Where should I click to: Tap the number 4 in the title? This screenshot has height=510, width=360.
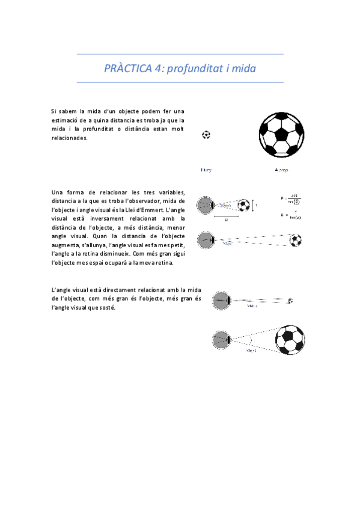pyautogui.click(x=157, y=69)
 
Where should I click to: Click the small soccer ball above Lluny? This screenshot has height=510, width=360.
pyautogui.click(x=206, y=135)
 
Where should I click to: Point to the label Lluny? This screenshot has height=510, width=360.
pyautogui.click(x=206, y=170)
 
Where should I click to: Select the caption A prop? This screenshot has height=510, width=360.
pyautogui.click(x=281, y=170)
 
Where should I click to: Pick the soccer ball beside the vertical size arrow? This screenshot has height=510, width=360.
pyautogui.click(x=243, y=206)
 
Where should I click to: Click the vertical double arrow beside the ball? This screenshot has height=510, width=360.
pyautogui.click(x=252, y=206)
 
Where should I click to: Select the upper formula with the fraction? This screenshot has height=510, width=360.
pyautogui.click(x=291, y=198)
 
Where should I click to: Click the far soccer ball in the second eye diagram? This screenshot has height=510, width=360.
pyautogui.click(x=295, y=241)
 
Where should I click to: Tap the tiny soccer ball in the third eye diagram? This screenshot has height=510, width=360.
pyautogui.click(x=290, y=300)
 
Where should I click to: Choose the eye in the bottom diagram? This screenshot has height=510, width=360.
pyautogui.click(x=221, y=340)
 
